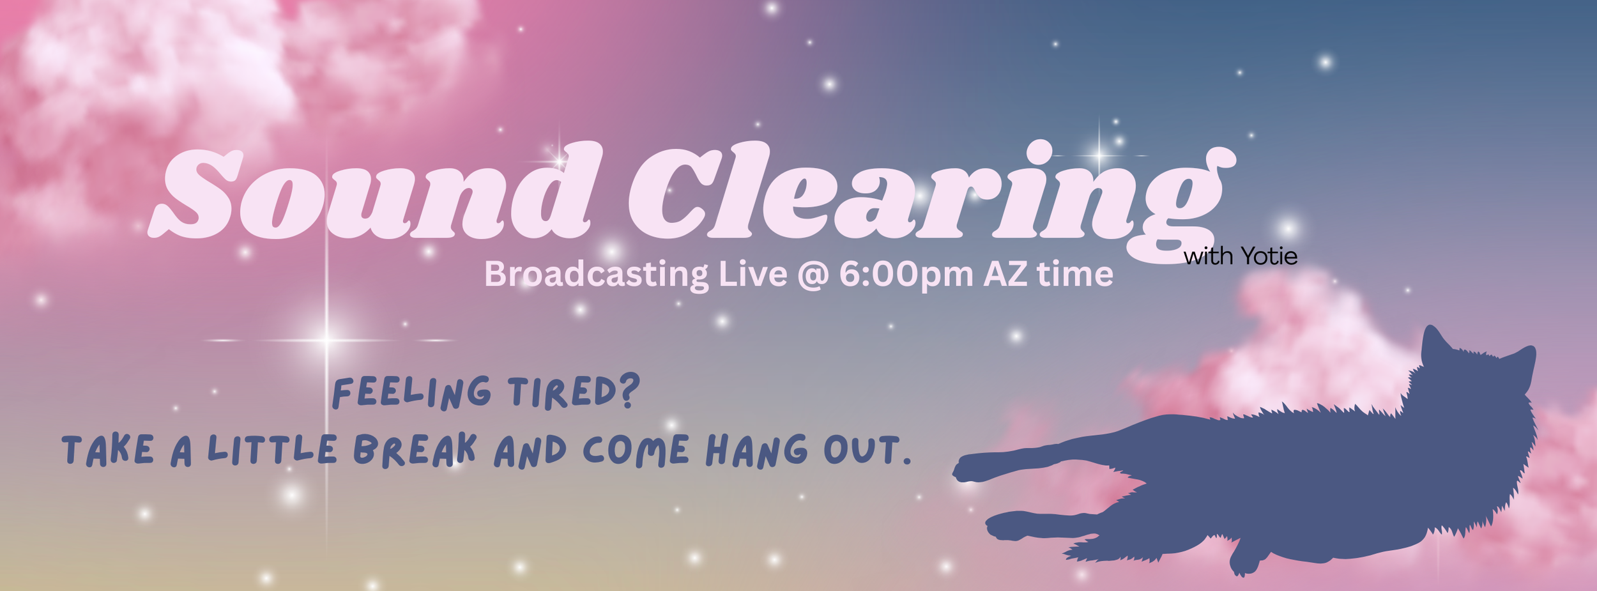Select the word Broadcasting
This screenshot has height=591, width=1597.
click(x=595, y=275)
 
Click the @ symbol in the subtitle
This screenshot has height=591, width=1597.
click(x=813, y=275)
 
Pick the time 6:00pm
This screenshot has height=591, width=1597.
click(x=906, y=275)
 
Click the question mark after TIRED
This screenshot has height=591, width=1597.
click(x=629, y=391)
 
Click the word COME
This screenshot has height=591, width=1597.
click(x=636, y=450)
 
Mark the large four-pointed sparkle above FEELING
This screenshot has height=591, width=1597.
click(x=326, y=340)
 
